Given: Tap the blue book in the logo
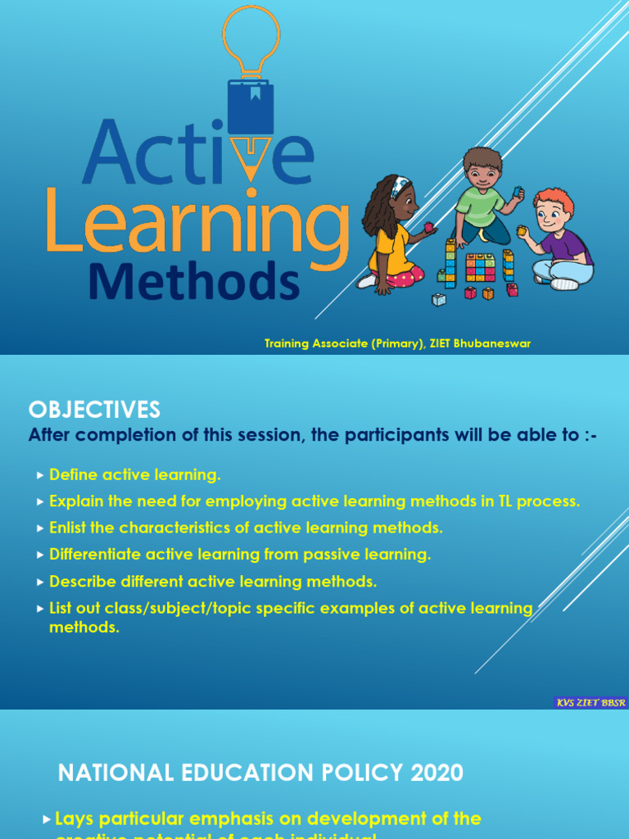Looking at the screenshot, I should pyautogui.click(x=251, y=107).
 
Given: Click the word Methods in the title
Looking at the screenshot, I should pyautogui.click(x=194, y=283).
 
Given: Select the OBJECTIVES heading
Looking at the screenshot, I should pyautogui.click(x=94, y=410).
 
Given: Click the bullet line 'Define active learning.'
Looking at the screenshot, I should pyautogui.click(x=135, y=475).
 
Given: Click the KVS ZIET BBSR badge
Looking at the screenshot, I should pyautogui.click(x=591, y=702).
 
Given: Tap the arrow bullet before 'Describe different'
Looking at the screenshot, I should pyautogui.click(x=40, y=582).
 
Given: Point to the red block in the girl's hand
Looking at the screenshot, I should pyautogui.click(x=428, y=227).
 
